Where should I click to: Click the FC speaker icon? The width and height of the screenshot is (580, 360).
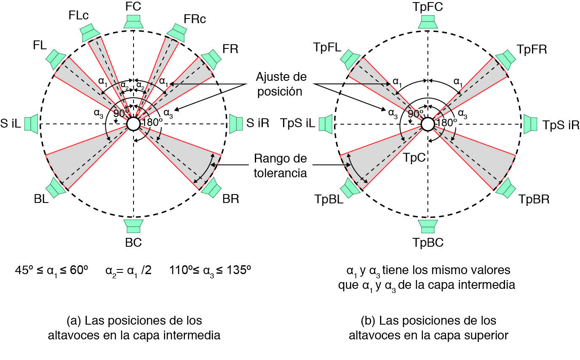point(133,22)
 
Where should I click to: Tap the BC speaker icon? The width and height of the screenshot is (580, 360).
point(133,226)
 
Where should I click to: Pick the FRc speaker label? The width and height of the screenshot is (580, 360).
point(195,19)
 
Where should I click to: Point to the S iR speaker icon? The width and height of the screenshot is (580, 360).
point(235,124)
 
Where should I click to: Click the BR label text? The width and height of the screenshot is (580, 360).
point(230,199)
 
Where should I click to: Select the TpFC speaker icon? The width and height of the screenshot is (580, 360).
point(428,22)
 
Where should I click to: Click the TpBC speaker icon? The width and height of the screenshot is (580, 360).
point(428,226)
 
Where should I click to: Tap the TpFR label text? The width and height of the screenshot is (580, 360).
point(532,49)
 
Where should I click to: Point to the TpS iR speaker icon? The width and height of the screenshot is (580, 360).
point(530,124)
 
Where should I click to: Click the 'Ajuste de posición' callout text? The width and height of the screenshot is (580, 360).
point(281,84)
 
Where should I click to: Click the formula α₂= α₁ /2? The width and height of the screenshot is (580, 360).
point(128,270)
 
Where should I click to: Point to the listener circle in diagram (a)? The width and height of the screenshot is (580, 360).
point(133,124)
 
